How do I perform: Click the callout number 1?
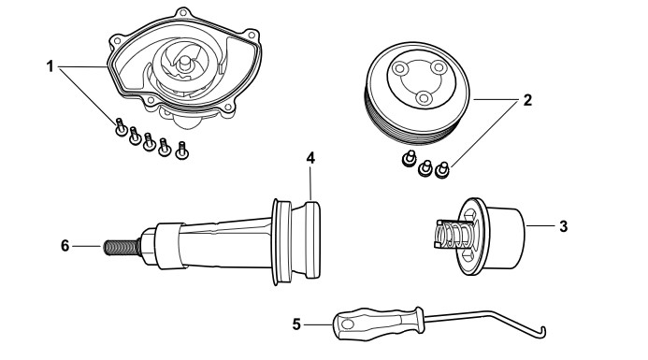point(50,66)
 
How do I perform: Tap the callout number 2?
point(527,100)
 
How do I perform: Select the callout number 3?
point(564,226)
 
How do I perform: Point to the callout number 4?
point(310,158)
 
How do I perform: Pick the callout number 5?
point(296,324)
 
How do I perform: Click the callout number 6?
point(65,246)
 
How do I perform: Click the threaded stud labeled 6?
point(121,247)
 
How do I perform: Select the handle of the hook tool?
point(378,324)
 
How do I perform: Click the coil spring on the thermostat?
point(454,235)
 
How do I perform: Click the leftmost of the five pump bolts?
point(121,127)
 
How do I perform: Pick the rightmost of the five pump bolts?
point(181,151)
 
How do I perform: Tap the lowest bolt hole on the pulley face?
point(424,98)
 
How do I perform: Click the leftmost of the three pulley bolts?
point(410,159)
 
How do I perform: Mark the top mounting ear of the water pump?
point(181,13)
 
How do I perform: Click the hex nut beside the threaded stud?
point(148,247)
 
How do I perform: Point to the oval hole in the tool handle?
point(348,324)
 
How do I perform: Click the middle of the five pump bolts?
point(150,142)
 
